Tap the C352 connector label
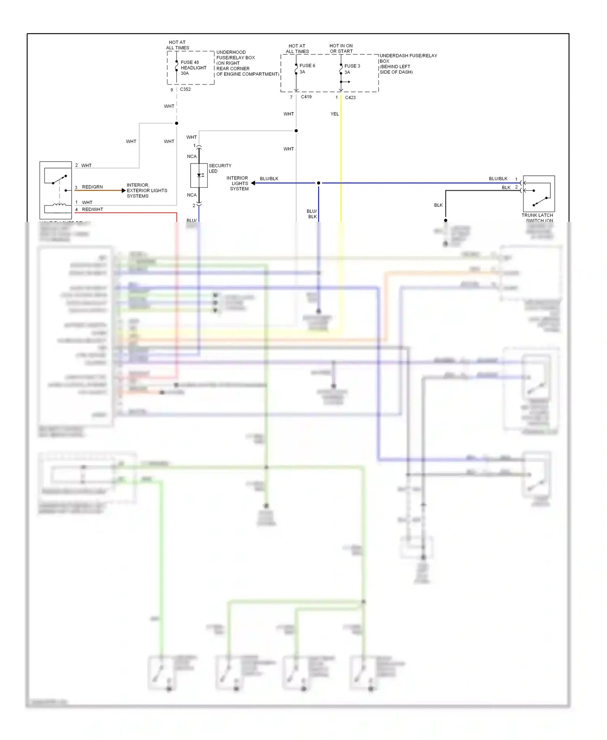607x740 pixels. point(185,89)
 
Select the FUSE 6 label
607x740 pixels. point(307,66)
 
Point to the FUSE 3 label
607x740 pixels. point(352,66)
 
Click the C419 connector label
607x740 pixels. point(306,97)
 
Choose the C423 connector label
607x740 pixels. point(350,98)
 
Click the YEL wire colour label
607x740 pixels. point(334,114)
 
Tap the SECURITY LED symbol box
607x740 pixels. point(199,175)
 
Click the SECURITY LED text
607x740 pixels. point(220,168)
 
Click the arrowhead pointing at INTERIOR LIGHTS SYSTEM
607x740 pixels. point(253,183)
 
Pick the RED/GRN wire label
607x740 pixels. point(92,187)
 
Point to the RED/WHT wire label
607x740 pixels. point(92,209)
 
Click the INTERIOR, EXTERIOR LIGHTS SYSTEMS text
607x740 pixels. point(146,190)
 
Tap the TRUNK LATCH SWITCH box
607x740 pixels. point(539,194)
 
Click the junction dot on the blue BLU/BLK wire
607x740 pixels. point(318,183)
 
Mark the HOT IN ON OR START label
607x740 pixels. point(341,49)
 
